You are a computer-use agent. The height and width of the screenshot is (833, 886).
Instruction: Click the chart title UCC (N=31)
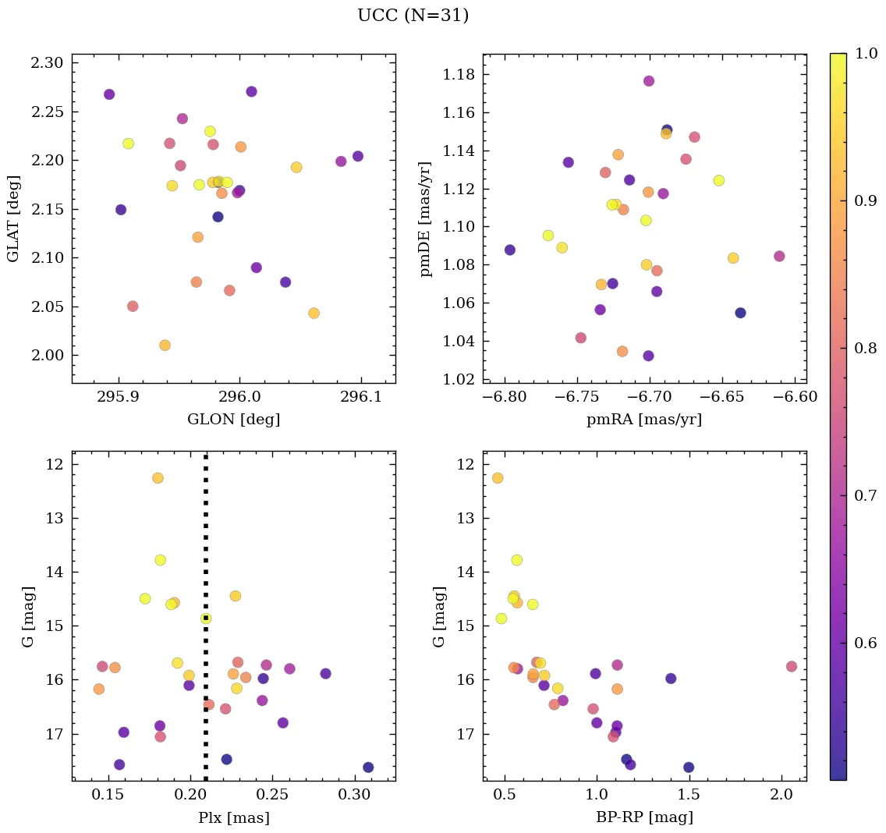(413, 16)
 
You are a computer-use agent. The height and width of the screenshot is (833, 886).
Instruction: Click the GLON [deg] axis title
(233, 420)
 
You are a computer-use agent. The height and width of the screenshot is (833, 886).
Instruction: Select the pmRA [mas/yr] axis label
(644, 420)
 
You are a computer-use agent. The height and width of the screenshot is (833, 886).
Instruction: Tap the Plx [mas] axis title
(233, 817)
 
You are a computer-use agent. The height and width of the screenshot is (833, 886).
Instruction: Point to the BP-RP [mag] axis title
(644, 817)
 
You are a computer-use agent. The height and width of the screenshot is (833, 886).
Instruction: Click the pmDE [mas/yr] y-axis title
(425, 218)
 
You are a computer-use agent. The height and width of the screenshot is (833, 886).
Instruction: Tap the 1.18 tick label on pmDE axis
(459, 75)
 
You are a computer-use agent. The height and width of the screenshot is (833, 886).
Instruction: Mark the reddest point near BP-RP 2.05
(792, 666)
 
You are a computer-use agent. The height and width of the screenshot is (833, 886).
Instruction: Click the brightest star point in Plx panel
(158, 478)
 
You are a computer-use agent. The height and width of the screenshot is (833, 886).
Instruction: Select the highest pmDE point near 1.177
(648, 81)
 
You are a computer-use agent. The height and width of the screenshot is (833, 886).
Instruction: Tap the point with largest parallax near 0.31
(368, 767)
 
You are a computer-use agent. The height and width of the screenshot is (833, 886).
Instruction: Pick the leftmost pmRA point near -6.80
(509, 250)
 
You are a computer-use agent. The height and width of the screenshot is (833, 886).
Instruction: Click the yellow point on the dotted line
(206, 619)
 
